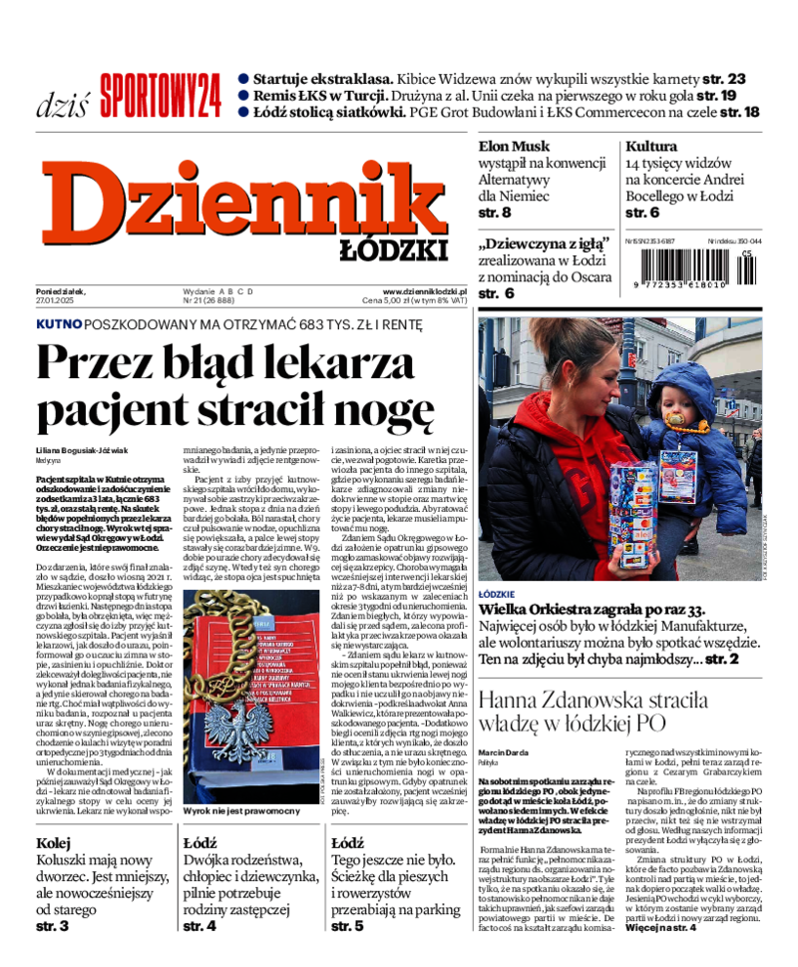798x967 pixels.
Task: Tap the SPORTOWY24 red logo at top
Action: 160,95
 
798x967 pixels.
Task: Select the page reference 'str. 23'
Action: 721,79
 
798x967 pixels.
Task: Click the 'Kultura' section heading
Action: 651,146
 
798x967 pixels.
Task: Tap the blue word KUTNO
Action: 59,324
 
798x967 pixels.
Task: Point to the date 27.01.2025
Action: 57,299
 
